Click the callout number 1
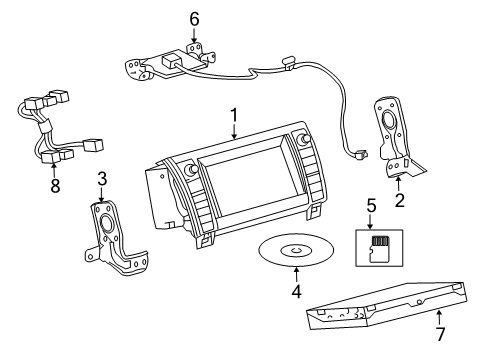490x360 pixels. click(233, 116)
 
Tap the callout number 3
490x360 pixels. click(101, 179)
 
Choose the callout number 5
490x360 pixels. click(372, 206)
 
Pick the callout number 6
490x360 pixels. click(194, 17)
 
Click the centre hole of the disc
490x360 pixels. click(295, 250)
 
